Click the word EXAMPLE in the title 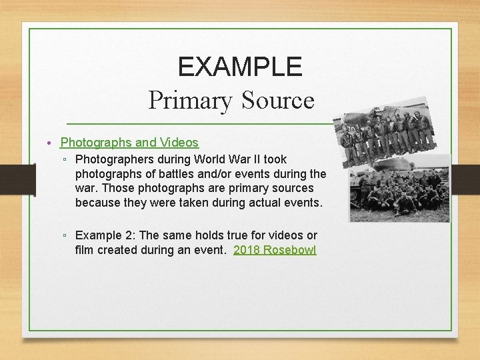240,67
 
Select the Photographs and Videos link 129,142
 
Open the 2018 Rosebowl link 275,250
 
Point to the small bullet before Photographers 65,160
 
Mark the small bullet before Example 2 65,236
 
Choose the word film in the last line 85,250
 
